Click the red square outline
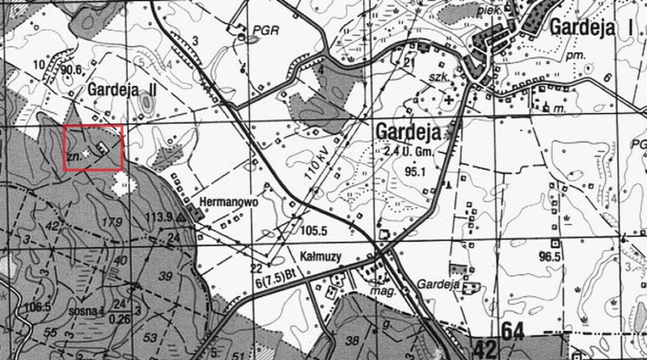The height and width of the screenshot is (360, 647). tap(93, 147)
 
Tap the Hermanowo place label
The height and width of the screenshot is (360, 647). tap(222, 203)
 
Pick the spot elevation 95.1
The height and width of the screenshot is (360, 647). tap(416, 172)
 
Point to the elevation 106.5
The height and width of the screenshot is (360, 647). tap(37, 307)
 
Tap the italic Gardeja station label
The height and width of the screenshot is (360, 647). tap(439, 285)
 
